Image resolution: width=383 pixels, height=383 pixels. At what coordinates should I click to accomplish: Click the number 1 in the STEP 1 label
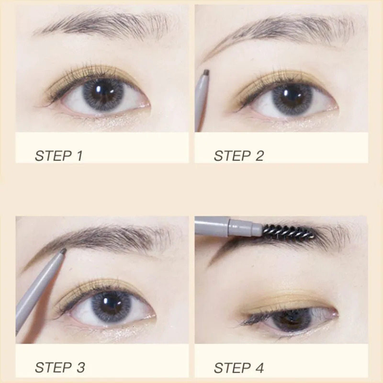point(79,156)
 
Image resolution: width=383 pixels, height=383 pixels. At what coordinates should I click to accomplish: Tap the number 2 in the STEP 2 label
point(259,156)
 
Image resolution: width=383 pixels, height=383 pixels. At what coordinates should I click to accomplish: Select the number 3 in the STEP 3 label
point(80,368)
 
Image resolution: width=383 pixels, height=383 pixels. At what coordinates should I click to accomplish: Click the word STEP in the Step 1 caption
point(54,156)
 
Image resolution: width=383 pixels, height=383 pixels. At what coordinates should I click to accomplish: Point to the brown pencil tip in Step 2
point(207,72)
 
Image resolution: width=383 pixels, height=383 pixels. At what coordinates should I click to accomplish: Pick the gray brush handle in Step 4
point(228,226)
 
